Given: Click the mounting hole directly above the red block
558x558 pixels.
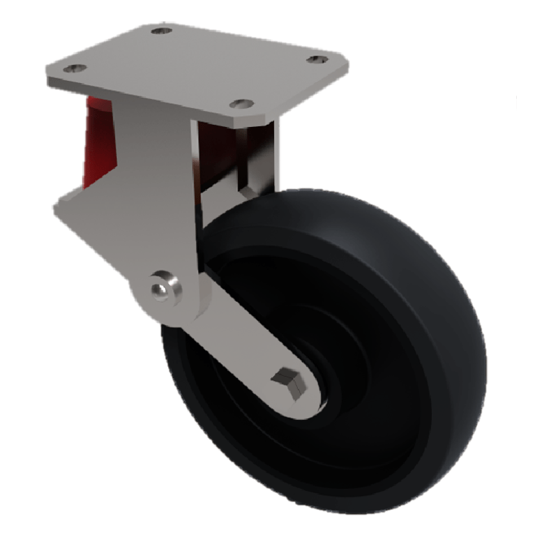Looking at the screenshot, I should click(x=75, y=68).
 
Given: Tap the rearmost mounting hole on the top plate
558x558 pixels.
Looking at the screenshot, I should click(x=162, y=31).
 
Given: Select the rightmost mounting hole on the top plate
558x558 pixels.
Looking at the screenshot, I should click(x=317, y=59).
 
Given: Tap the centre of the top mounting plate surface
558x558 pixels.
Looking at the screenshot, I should click(x=195, y=66).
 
